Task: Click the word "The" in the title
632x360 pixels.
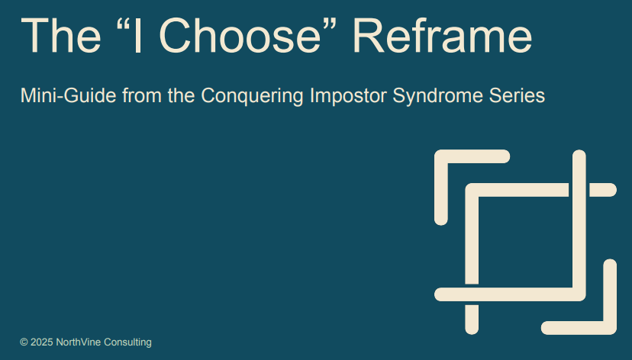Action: pyautogui.click(x=61, y=35)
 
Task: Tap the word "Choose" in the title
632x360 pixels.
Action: pyautogui.click(x=240, y=35)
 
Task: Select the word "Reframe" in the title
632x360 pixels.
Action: pyautogui.click(x=443, y=35)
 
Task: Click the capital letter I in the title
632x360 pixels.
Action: pyautogui.click(x=137, y=35)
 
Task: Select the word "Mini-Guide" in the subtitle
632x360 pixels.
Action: pyautogui.click(x=69, y=96)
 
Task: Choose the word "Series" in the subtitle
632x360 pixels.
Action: pyautogui.click(x=518, y=96)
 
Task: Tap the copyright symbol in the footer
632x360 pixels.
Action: pyautogui.click(x=24, y=342)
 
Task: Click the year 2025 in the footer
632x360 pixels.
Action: pyautogui.click(x=41, y=342)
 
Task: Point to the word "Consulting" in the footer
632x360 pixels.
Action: pyautogui.click(x=127, y=342)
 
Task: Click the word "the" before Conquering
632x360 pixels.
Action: pyautogui.click(x=182, y=96)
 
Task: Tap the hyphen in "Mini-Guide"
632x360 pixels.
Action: pyautogui.click(x=54, y=98)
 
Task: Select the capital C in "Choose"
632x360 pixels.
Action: pyautogui.click(x=176, y=35)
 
